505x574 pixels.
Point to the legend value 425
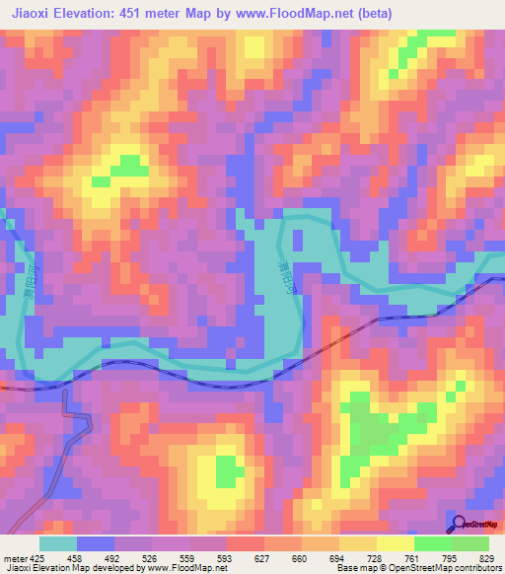pos(38,558)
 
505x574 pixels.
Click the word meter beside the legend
pos(14,558)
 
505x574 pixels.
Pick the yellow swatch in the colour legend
pos(395,543)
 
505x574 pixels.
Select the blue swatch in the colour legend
pos(95,543)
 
